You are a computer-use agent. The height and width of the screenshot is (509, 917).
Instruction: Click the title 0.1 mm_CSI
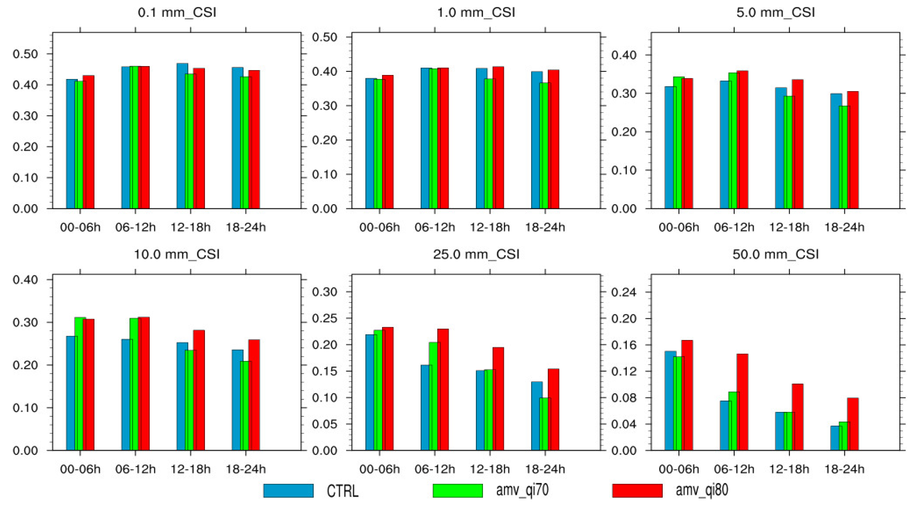pos(177,12)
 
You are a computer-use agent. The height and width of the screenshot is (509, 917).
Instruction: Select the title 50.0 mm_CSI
pos(775,254)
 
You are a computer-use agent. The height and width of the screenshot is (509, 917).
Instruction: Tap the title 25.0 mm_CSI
pos(476,254)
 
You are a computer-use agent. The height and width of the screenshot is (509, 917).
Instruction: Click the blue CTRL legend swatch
pos(288,491)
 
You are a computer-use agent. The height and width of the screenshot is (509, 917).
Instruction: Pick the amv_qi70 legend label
pos(522,491)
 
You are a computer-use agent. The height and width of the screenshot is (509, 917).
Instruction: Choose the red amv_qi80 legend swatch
pos(637,491)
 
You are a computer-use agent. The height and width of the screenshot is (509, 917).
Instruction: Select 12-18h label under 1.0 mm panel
pos(490,227)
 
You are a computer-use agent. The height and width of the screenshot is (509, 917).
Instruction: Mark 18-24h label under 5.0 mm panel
pos(844,227)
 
